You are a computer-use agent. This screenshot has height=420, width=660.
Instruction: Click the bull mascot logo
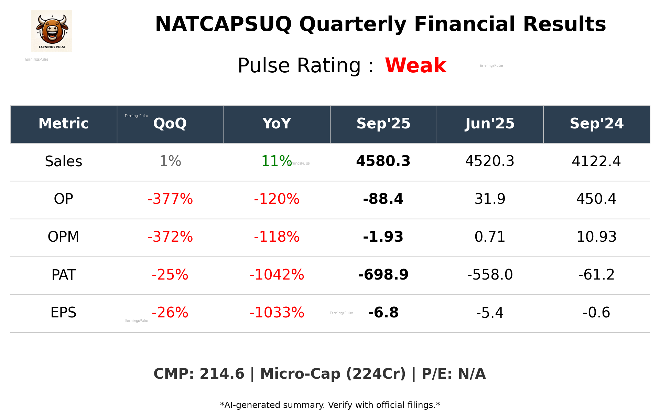pyautogui.click(x=52, y=31)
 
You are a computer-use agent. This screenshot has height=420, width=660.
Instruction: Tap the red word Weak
pyautogui.click(x=415, y=65)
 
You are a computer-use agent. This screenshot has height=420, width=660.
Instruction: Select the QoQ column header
pyautogui.click(x=170, y=124)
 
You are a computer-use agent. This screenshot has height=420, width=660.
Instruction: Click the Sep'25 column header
pyautogui.click(x=383, y=124)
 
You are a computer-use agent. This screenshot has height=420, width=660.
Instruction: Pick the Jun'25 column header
pyautogui.click(x=490, y=124)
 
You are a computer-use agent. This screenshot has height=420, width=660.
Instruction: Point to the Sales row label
pyautogui.click(x=64, y=161)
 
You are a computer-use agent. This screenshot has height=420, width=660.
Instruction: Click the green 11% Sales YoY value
pyautogui.click(x=276, y=161)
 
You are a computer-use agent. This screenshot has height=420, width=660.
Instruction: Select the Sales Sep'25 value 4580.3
pyautogui.click(x=383, y=161)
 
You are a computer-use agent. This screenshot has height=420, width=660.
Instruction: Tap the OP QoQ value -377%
pyautogui.click(x=170, y=199)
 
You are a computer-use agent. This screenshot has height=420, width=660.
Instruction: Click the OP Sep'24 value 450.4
pyautogui.click(x=596, y=199)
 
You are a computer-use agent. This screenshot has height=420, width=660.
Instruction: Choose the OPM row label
pyautogui.click(x=64, y=237)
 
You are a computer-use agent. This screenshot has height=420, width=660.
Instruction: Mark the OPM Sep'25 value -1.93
pyautogui.click(x=383, y=237)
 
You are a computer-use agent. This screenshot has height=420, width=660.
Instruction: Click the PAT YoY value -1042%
pyautogui.click(x=277, y=275)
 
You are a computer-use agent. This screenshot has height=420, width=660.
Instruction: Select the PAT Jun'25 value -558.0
pyautogui.click(x=490, y=275)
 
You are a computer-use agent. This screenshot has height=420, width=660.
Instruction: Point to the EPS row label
pyautogui.click(x=64, y=313)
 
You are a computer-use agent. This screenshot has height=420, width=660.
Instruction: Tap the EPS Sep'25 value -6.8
pyautogui.click(x=383, y=313)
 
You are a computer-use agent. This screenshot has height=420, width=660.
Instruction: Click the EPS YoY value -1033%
pyautogui.click(x=277, y=313)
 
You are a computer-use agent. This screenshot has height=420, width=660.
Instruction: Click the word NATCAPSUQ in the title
pyautogui.click(x=223, y=25)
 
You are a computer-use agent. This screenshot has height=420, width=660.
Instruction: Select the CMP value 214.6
pyautogui.click(x=222, y=374)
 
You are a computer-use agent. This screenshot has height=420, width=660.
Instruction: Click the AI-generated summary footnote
pyautogui.click(x=330, y=405)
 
